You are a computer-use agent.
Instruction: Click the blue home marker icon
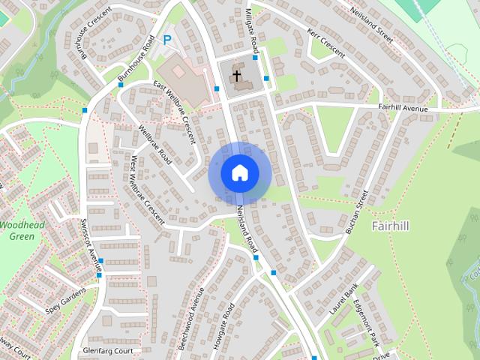coord(239,172)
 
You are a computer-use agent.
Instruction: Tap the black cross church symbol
coord(237,76)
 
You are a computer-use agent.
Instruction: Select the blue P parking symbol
coord(167,40)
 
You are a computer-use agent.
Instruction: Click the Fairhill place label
coord(390,225)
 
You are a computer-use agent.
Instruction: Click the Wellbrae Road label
coord(155,144)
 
